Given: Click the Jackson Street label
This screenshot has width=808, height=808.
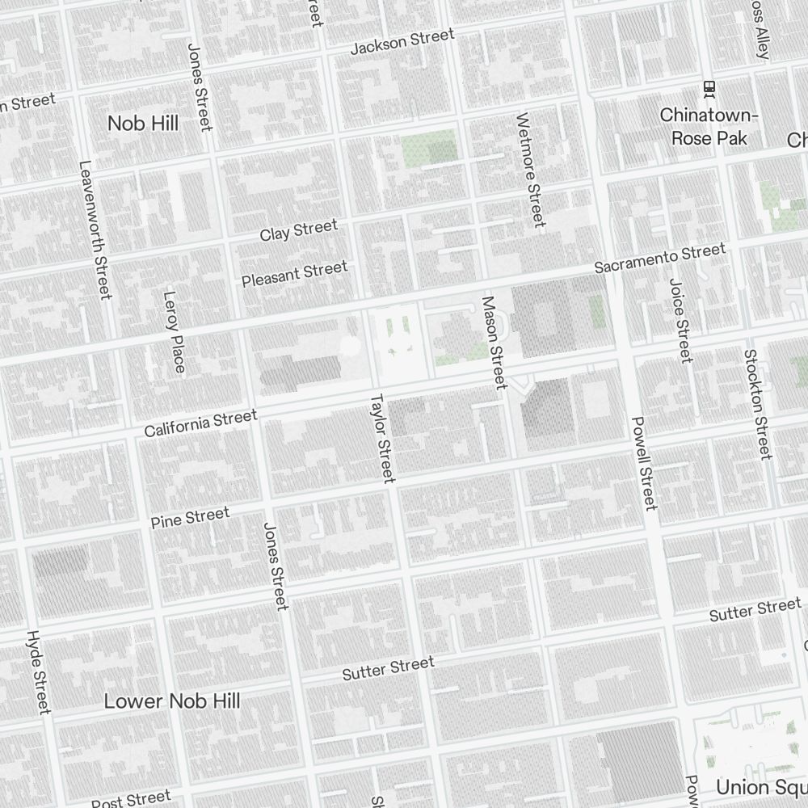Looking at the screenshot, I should click(x=402, y=42).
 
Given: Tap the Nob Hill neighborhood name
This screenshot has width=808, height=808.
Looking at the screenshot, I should click(x=143, y=123).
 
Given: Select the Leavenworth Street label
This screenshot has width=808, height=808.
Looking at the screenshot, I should click(x=94, y=229).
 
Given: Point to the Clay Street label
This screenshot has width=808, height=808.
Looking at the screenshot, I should click(x=298, y=230).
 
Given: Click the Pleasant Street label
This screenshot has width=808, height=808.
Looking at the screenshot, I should click(x=295, y=273).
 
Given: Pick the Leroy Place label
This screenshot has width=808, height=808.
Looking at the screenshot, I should click(x=175, y=333).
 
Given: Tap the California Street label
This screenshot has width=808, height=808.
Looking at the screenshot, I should click(x=200, y=423).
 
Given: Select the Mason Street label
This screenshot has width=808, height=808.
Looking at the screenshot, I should click(x=493, y=342).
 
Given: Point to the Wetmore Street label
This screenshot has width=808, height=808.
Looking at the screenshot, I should click(x=530, y=170).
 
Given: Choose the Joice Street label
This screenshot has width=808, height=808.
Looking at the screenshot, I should click(x=680, y=320).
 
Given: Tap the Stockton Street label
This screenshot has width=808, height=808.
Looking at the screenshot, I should click(x=757, y=404).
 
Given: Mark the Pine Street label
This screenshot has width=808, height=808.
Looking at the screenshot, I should click(x=190, y=518).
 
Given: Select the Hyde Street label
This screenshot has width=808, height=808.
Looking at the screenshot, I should click(x=38, y=671).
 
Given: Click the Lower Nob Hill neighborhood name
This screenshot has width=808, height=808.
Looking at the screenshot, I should click(x=171, y=701).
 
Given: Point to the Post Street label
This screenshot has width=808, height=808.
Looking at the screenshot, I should click(x=131, y=799).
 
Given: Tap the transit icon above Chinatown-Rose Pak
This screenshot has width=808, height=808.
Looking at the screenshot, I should click(x=709, y=87).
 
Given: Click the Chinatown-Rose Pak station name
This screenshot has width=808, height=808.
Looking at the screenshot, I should click(x=709, y=127).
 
